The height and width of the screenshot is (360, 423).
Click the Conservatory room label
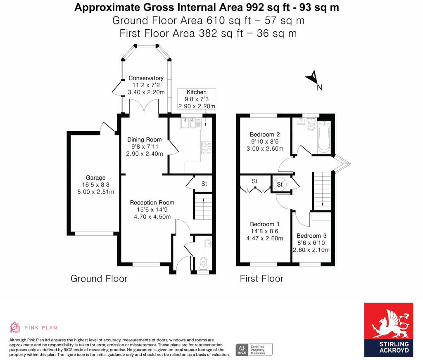pos(146,78)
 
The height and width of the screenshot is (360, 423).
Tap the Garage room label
pos(95,178)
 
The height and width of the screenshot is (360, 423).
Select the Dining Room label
pos(144,140)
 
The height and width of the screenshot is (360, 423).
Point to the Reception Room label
pos(152,203)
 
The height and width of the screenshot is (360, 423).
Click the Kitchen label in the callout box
pos(196,92)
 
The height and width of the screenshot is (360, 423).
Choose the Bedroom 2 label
pos(265,134)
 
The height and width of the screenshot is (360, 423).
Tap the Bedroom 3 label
pos(311,236)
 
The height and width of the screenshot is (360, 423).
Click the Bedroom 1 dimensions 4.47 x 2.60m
pos(265,238)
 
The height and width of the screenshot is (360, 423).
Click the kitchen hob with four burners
pos(207,148)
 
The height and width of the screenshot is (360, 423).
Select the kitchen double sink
pos(191,123)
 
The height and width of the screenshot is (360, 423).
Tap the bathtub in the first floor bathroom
pos(324,137)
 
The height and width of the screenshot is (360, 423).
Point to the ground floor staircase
pos(203,206)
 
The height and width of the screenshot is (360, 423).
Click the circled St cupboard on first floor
pos(280,185)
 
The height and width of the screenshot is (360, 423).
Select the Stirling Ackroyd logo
pos(388,329)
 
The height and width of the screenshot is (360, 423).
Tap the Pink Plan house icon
pos(14,327)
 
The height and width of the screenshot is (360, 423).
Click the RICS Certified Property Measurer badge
pos(254,350)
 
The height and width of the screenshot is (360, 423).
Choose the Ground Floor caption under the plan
pos(99,279)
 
